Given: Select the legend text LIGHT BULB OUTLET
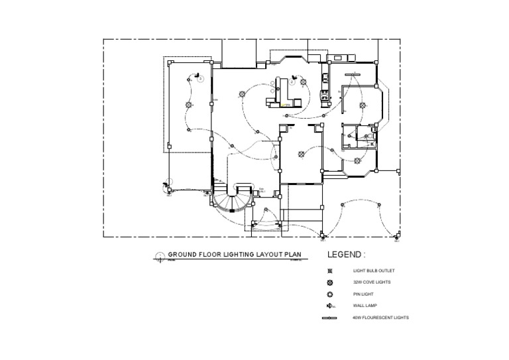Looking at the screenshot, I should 373,271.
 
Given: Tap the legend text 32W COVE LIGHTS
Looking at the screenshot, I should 372,282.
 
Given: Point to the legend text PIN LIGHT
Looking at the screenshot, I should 362,294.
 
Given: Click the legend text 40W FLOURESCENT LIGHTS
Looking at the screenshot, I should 380,318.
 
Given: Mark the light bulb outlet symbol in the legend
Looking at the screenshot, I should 329,271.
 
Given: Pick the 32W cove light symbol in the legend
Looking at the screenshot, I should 329,282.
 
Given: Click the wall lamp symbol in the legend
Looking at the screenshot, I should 329,306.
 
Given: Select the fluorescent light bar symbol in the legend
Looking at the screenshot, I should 329,318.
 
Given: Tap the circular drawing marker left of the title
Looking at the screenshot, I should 158,255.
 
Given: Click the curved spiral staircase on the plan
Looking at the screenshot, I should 232,200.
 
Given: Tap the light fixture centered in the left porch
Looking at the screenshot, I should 189,105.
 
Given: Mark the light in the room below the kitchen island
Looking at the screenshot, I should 300,154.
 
